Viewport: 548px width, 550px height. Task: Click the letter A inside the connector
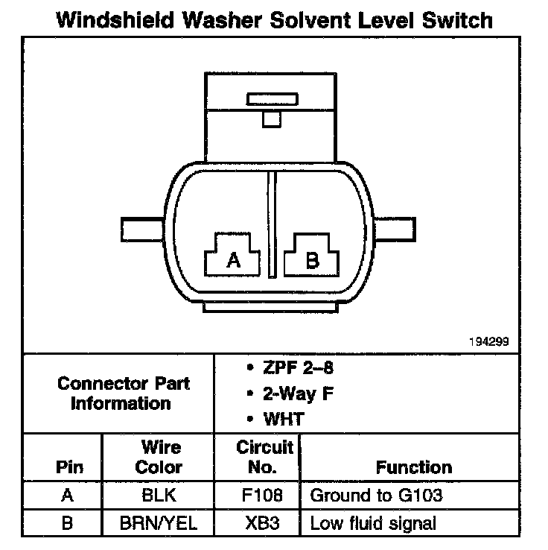234,260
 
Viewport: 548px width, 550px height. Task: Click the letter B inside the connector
313,260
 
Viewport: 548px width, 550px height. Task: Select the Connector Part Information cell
124,393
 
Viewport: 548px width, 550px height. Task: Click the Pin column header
69,467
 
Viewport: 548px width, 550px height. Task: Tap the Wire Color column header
161,457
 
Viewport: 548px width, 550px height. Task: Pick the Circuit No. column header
265,457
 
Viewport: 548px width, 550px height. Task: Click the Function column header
414,467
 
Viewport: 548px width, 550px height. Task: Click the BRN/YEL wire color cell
159,523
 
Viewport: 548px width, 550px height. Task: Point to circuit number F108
262,495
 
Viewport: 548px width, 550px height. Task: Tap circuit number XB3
262,523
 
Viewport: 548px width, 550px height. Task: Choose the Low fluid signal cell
372,523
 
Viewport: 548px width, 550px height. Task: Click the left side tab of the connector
144,229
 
